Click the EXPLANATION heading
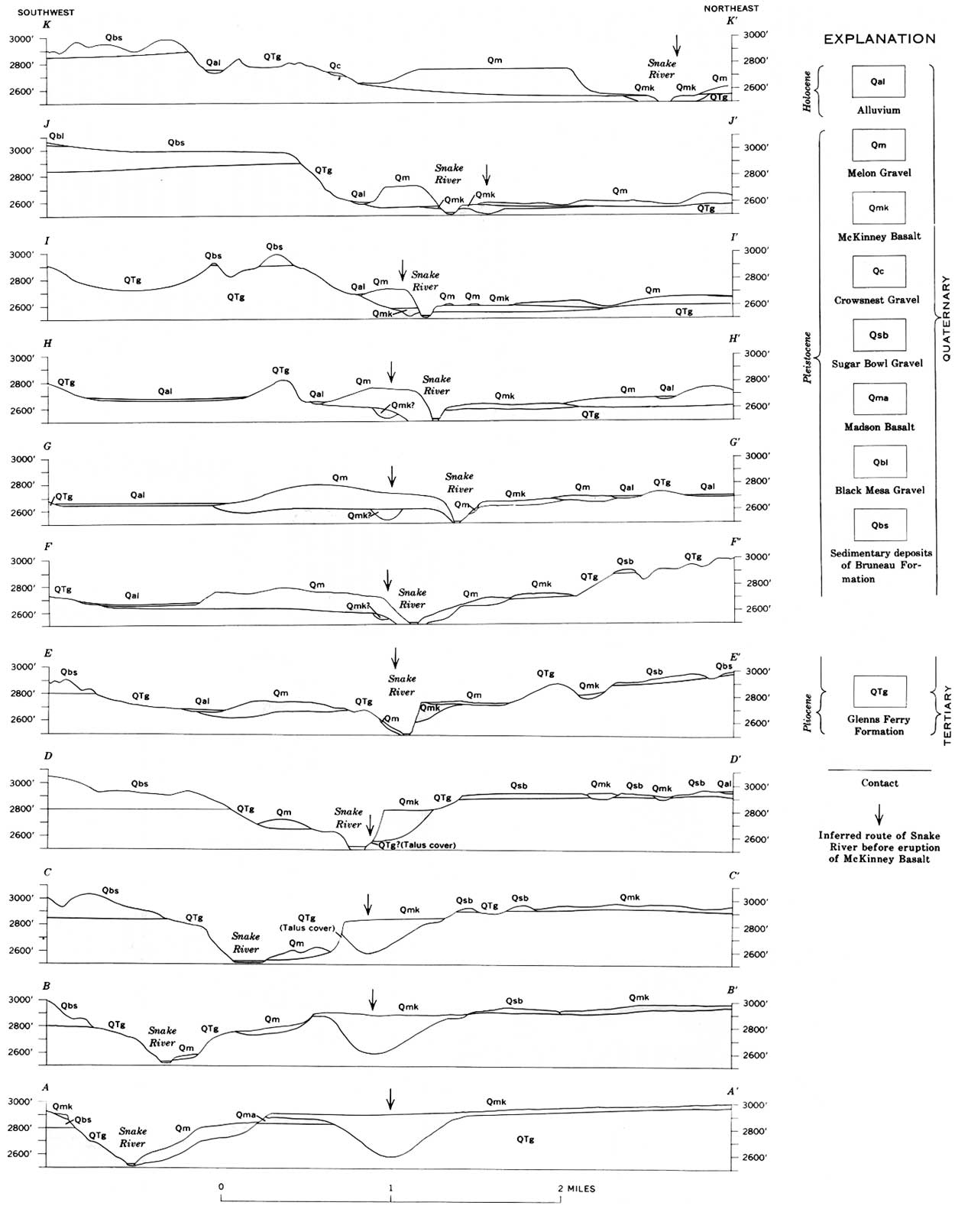tap(879, 39)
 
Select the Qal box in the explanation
tap(878, 82)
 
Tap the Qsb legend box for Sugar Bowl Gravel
tap(879, 335)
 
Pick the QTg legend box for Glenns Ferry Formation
tap(879, 692)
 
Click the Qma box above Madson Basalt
tap(879, 398)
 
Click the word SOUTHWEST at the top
tap(46, 11)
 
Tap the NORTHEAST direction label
tap(731, 8)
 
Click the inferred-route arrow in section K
tap(677, 45)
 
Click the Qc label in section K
tap(335, 66)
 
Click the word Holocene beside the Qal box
tap(808, 91)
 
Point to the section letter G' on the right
tap(734, 442)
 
